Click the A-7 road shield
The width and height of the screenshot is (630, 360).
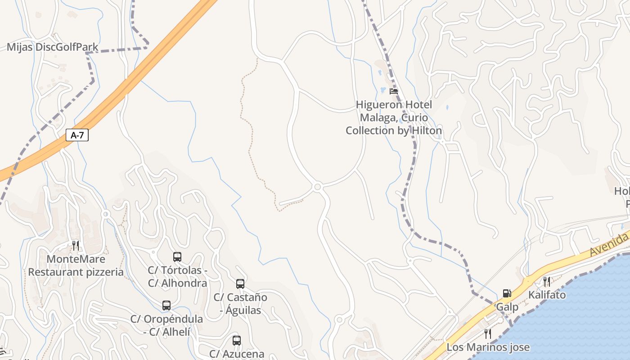pyautogui.click(x=77, y=135)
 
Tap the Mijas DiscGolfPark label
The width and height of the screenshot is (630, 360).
pyautogui.click(x=46, y=47)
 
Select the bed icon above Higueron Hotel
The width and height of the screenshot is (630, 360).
pyautogui.click(x=394, y=91)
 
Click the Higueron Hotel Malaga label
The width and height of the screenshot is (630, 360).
pyautogui.click(x=394, y=117)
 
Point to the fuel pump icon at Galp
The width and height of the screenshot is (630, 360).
pyautogui.click(x=507, y=294)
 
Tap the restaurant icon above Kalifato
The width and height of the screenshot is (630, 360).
pyautogui.click(x=547, y=282)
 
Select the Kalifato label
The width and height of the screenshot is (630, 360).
pyautogui.click(x=547, y=295)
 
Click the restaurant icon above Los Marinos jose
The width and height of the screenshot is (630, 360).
pyautogui.click(x=487, y=334)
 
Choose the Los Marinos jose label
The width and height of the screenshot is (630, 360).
pyautogui.click(x=488, y=347)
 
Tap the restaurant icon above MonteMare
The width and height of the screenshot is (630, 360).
pyautogui.click(x=76, y=246)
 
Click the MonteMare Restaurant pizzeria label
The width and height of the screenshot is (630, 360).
pyautogui.click(x=76, y=265)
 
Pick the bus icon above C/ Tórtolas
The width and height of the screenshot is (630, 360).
pyautogui.click(x=177, y=257)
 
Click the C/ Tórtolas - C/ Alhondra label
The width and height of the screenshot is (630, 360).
pyautogui.click(x=177, y=277)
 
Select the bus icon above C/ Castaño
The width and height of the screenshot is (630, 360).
pyautogui.click(x=240, y=284)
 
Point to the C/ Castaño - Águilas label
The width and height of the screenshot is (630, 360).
pyautogui.click(x=240, y=304)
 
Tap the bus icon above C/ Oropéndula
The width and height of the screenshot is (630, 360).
pyautogui.click(x=166, y=306)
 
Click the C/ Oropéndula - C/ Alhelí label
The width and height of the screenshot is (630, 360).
pyautogui.click(x=166, y=325)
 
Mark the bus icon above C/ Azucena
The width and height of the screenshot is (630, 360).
pyautogui.click(x=237, y=341)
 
